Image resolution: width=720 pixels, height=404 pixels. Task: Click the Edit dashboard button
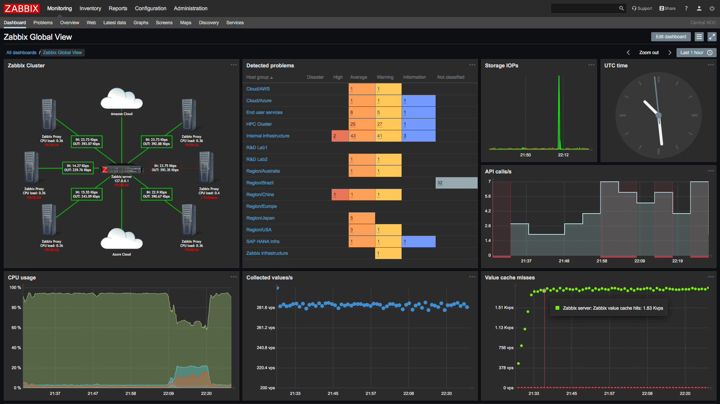pyautogui.click(x=670, y=37)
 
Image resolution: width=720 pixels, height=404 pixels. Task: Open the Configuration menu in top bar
pyautogui.click(x=151, y=8)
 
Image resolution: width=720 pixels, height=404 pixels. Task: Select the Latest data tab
pyautogui.click(x=114, y=23)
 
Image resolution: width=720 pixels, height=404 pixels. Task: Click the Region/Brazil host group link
pyautogui.click(x=260, y=183)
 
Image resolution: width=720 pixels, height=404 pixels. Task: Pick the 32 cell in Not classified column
pyautogui.click(x=456, y=183)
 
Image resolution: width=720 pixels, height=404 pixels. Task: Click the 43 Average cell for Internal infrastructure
pyautogui.click(x=362, y=136)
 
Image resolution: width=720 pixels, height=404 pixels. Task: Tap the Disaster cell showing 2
pyautogui.click(x=340, y=136)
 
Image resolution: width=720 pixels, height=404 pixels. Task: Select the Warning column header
pyautogui.click(x=385, y=77)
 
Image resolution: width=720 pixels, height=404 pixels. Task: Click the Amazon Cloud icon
pyautogui.click(x=121, y=99)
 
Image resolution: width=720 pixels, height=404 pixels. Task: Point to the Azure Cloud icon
pyautogui.click(x=121, y=239)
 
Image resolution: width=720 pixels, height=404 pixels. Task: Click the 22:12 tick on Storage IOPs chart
pyautogui.click(x=563, y=155)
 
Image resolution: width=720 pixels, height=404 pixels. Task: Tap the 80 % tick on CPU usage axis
pyautogui.click(x=16, y=307)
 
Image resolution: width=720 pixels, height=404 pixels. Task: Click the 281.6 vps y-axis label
pyautogui.click(x=265, y=307)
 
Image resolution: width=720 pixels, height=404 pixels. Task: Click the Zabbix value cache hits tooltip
pyautogui.click(x=609, y=308)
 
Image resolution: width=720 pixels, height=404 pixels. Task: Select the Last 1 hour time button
pyautogui.click(x=696, y=53)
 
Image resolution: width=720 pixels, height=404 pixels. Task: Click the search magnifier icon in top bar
pyautogui.click(x=621, y=8)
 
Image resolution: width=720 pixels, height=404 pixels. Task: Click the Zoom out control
pyautogui.click(x=649, y=53)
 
